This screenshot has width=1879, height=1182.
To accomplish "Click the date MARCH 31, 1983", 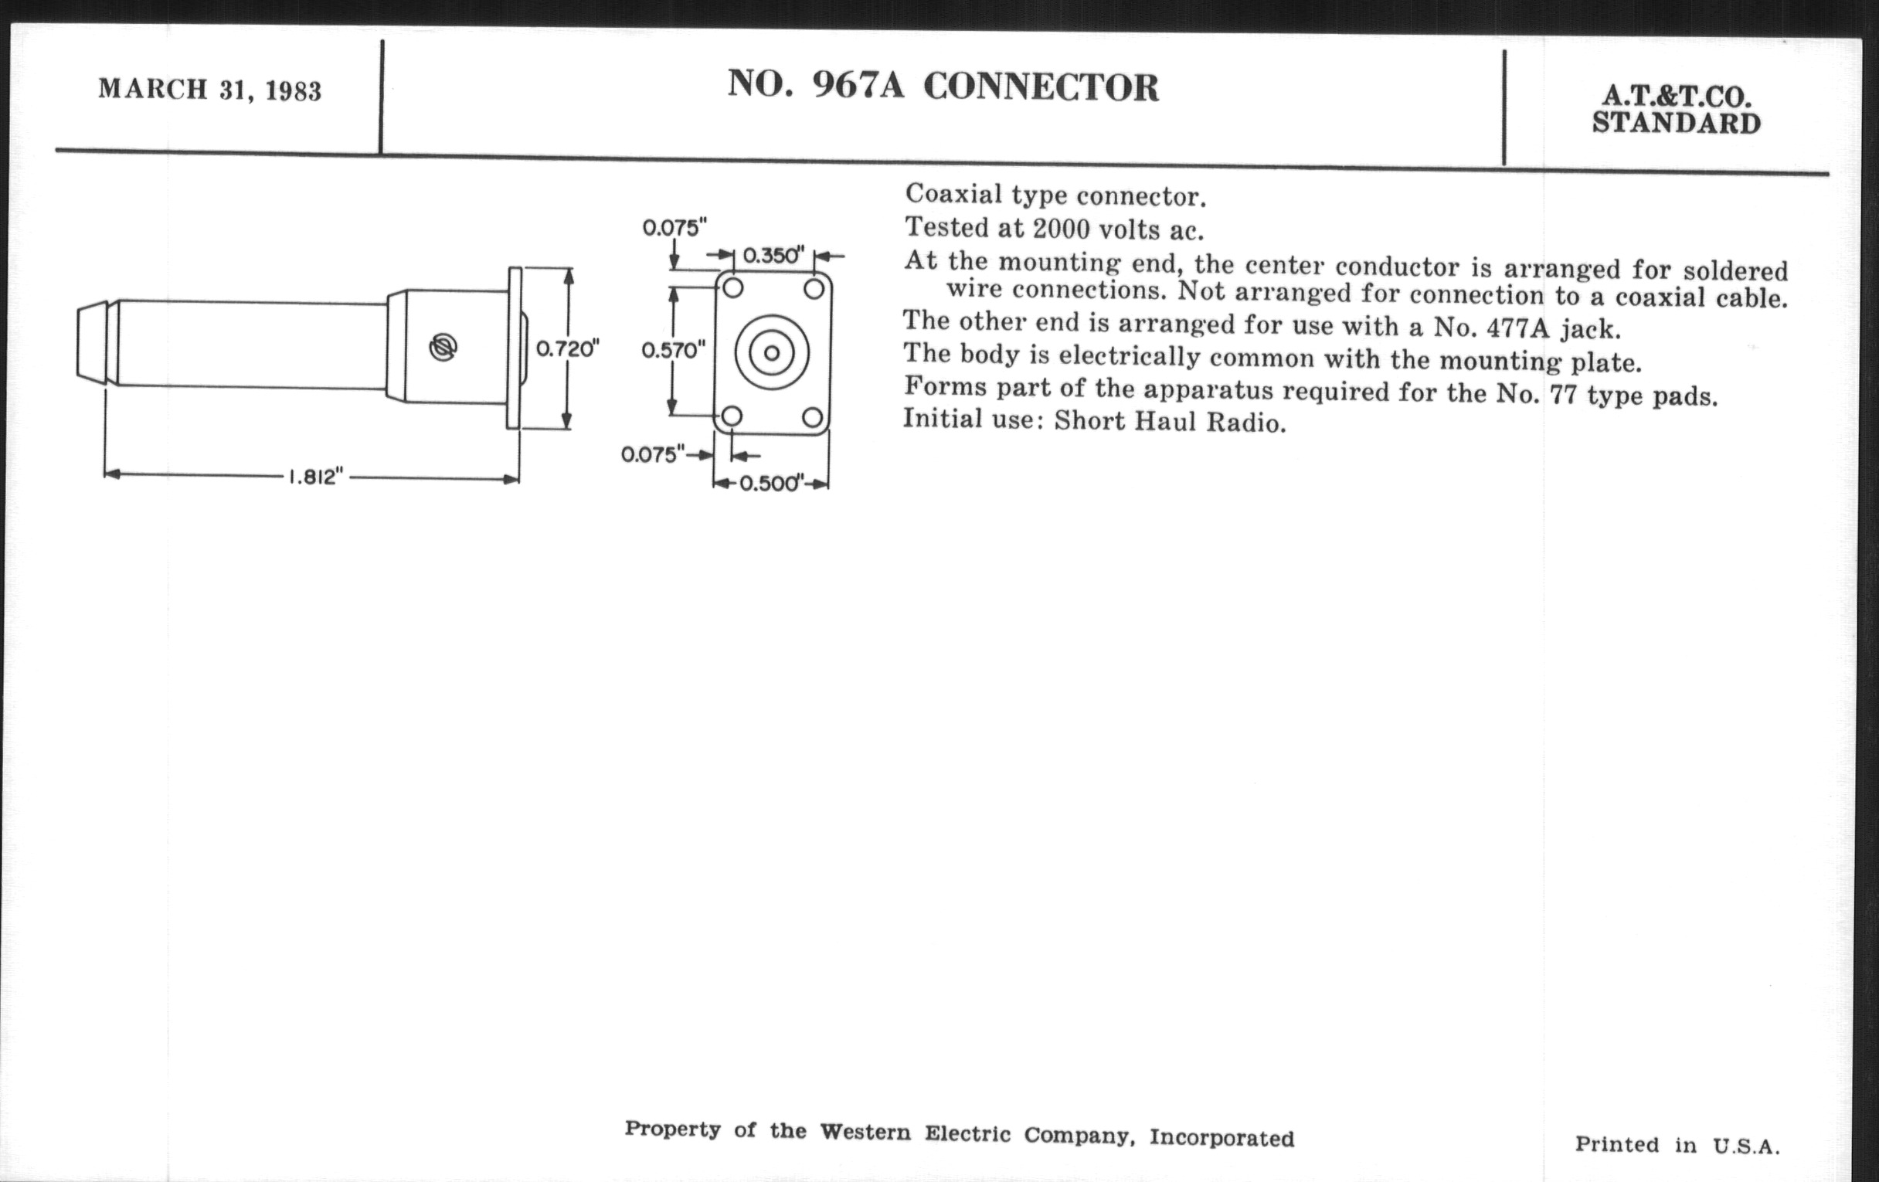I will [209, 90].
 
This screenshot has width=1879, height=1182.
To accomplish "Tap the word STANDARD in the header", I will [1676, 124].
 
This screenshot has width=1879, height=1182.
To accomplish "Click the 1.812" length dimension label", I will [315, 477].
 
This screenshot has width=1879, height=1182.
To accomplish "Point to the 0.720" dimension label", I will [567, 348].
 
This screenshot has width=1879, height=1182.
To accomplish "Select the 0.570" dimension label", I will [674, 350].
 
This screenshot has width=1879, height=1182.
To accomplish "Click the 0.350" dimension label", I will [773, 255].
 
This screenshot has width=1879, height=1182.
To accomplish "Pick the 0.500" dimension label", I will [771, 484].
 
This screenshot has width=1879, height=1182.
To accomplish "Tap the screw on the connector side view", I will [443, 347].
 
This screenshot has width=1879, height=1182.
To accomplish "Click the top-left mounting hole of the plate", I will [732, 289].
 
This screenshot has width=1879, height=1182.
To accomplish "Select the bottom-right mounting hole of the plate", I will [812, 417].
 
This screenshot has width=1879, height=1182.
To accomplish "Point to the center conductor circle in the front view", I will [772, 353].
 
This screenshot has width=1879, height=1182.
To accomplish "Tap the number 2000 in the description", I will [1062, 229].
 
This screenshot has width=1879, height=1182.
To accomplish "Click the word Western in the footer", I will [865, 1132].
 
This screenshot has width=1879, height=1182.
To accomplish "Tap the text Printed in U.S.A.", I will [1677, 1146].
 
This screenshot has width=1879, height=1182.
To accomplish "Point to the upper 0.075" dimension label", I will [674, 228].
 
